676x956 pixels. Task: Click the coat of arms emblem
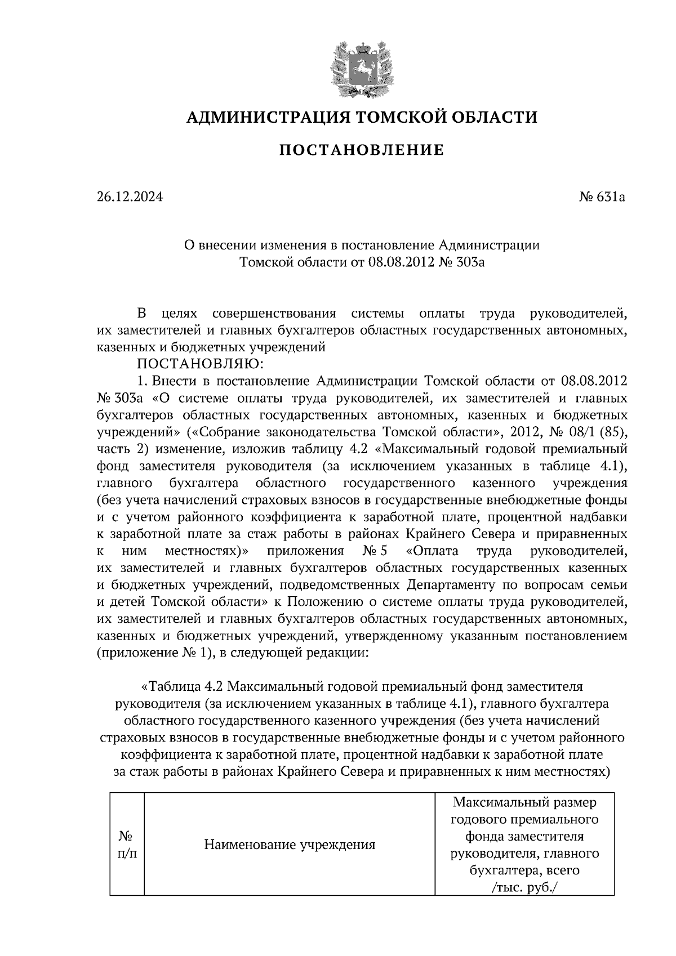[361, 68]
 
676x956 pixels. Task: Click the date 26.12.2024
[130, 197]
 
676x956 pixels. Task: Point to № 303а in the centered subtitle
[460, 262]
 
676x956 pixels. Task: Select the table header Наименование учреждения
[290, 845]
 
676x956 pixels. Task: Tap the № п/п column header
[126, 845]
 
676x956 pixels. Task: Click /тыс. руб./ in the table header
[524, 887]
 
